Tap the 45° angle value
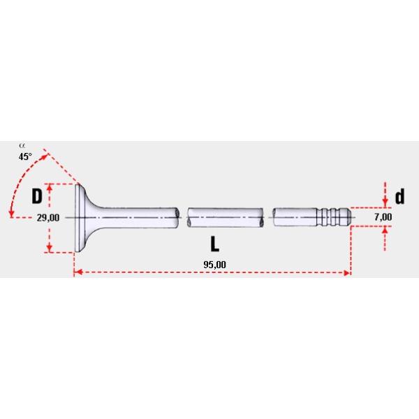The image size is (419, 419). coord(25,157)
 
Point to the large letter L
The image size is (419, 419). coord(214,244)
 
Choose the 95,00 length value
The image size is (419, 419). coord(214,263)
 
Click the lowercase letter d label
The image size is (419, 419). coord(399,196)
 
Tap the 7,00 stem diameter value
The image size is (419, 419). coord(383,217)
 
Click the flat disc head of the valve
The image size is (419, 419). coord(79,218)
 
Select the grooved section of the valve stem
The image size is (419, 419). coord(328,217)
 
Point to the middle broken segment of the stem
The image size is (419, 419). coord(226,217)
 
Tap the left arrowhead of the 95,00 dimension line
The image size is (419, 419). coord(77,273)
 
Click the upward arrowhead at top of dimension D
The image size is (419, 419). coord(50,188)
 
